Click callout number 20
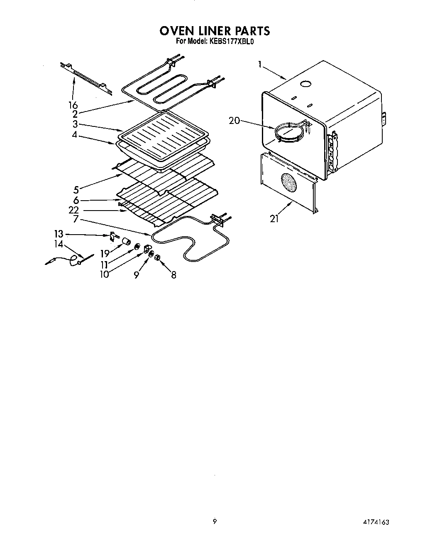[x=235, y=120]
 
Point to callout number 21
[x=274, y=219]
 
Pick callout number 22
[x=74, y=211]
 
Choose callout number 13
[x=59, y=234]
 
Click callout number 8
[x=173, y=274]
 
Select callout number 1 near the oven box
[x=260, y=64]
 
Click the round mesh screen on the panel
[x=289, y=182]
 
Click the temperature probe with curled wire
[x=66, y=260]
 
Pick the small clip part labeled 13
[x=112, y=237]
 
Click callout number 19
[x=105, y=254]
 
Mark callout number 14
[x=59, y=245]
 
